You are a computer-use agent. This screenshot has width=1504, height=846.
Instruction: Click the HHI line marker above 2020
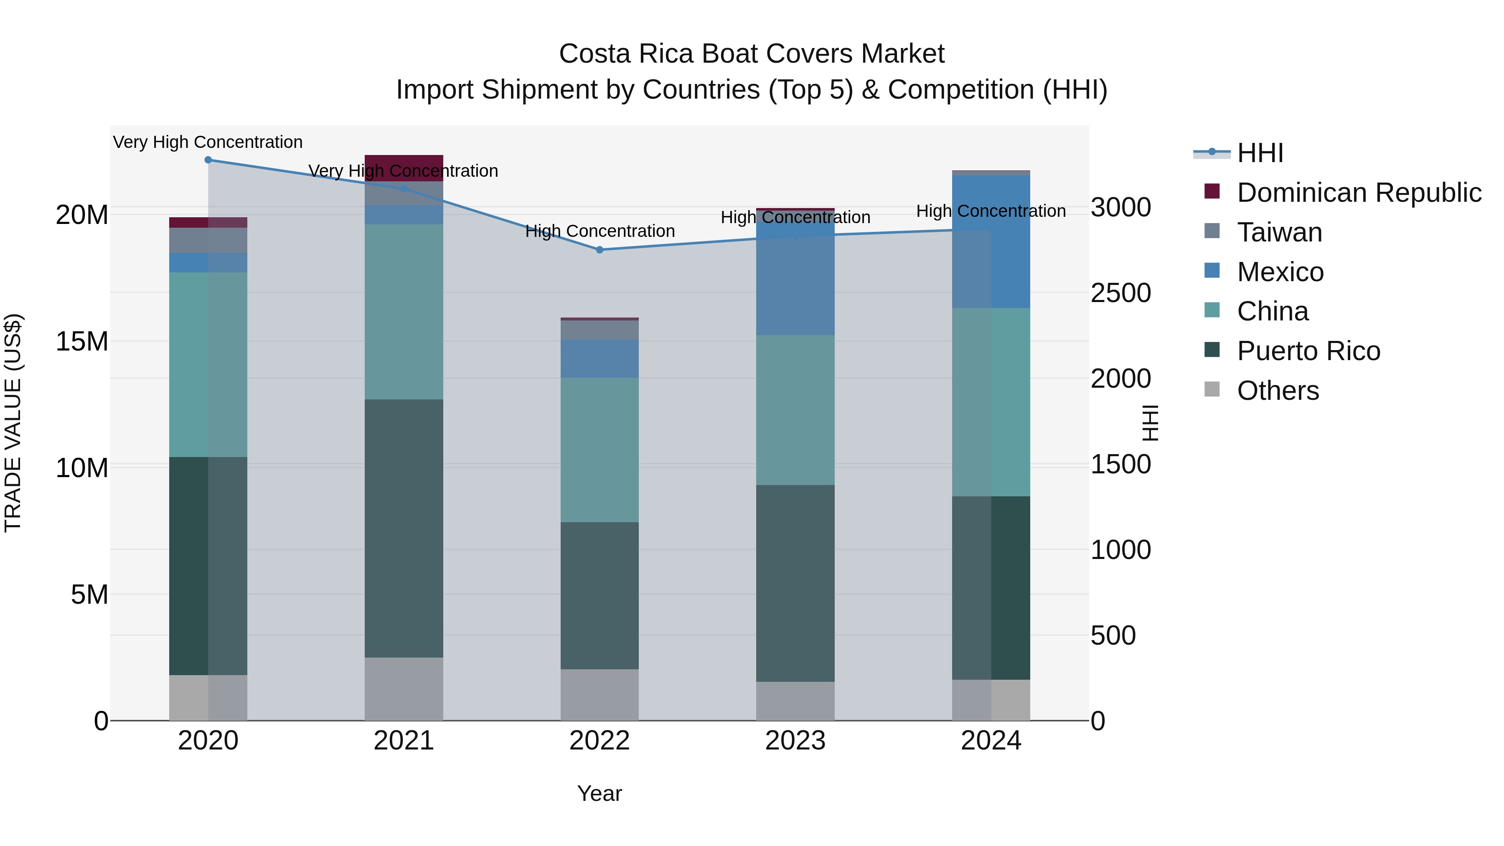[x=208, y=160]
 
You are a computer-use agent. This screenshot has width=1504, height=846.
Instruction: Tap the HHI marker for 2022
[x=600, y=250]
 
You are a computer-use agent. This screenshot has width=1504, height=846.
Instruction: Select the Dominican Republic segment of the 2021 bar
[x=404, y=168]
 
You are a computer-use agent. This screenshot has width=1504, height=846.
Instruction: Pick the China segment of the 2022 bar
[x=600, y=450]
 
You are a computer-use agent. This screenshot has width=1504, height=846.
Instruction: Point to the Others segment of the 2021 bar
[x=404, y=689]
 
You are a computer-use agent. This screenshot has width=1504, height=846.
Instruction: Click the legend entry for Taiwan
[x=1279, y=232]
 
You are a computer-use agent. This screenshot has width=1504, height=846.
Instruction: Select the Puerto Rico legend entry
[x=1308, y=351]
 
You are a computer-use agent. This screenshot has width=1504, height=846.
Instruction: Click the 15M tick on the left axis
[x=82, y=342]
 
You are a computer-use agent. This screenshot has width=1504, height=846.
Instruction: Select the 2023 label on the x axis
[x=795, y=741]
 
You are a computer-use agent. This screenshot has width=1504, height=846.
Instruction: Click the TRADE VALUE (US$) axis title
[x=13, y=423]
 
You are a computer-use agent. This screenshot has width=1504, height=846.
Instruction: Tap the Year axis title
[x=600, y=793]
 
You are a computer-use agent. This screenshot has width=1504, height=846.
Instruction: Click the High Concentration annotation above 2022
[x=600, y=231]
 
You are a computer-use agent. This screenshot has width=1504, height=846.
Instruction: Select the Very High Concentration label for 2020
[x=208, y=142]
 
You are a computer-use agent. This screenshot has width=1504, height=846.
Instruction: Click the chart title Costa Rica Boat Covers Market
[x=752, y=54]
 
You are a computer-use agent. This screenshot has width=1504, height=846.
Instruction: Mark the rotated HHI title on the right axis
[x=1150, y=423]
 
